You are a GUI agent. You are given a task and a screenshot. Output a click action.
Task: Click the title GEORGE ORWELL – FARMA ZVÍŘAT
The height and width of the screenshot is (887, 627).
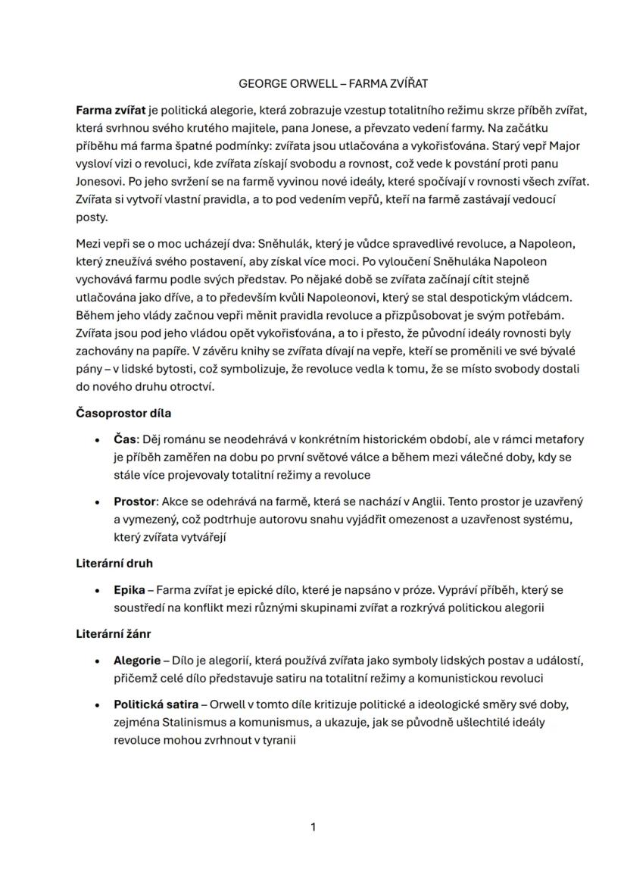tap(333, 83)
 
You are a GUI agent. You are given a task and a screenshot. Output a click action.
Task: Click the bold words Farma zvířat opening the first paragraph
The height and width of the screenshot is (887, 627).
tap(111, 110)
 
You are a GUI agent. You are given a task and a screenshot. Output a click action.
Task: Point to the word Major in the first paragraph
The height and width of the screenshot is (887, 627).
tap(565, 145)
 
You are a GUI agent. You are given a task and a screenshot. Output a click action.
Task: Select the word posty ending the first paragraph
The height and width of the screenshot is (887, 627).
tap(92, 217)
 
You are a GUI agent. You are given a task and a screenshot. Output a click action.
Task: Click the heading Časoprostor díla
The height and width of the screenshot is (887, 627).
tap(123, 413)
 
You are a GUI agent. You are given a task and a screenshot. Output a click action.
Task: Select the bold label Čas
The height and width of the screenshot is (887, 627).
tap(125, 439)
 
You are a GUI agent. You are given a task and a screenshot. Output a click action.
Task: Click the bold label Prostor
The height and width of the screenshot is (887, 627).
tap(134, 501)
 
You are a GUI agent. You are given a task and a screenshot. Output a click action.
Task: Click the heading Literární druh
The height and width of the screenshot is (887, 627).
tap(114, 564)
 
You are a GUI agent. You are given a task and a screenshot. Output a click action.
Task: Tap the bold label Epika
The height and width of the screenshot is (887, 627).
tap(129, 590)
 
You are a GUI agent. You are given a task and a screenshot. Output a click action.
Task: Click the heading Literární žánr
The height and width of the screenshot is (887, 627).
tap(114, 634)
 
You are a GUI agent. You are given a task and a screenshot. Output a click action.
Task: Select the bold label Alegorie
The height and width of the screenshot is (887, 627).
tap(136, 661)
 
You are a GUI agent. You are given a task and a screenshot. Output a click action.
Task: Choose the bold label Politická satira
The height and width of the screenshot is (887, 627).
tap(155, 704)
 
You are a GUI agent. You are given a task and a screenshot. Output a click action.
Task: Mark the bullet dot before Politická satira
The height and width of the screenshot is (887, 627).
tap(98, 705)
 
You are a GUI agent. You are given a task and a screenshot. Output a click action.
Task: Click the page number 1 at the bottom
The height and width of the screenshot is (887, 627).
tap(313, 827)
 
